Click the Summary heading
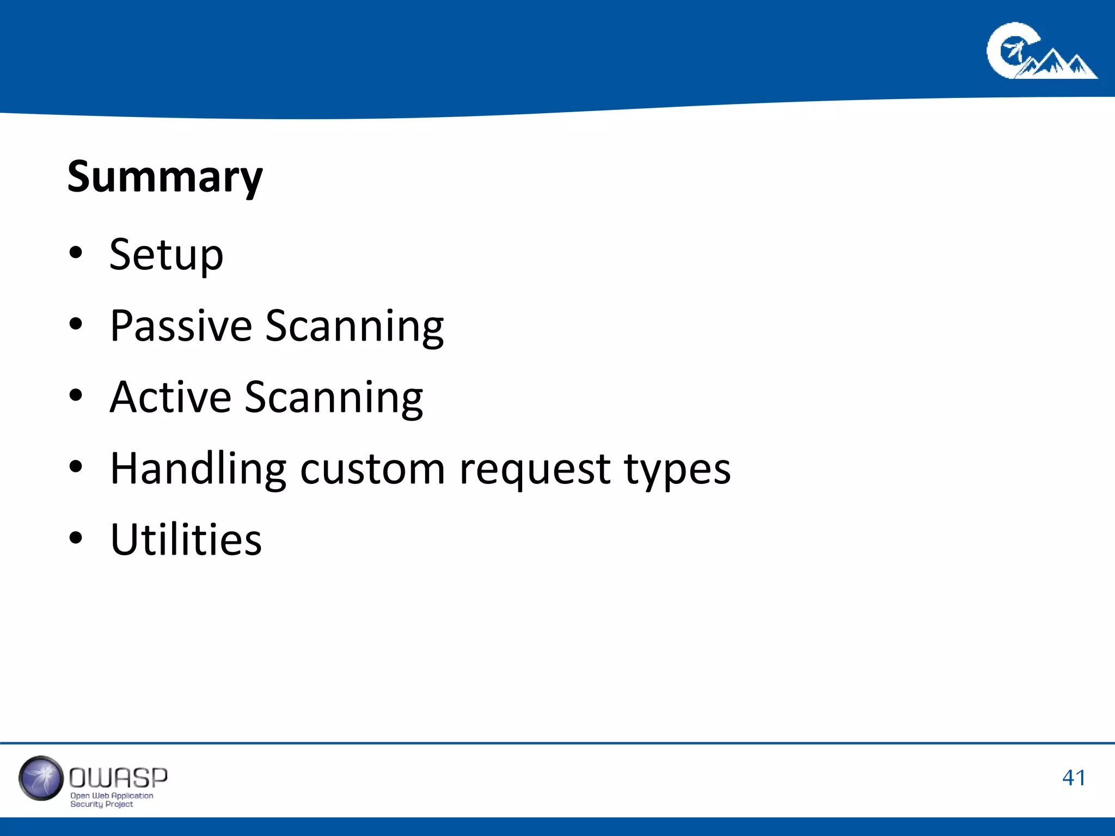click(165, 177)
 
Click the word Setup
click(166, 255)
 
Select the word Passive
click(181, 326)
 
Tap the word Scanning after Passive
click(354, 327)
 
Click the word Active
click(170, 397)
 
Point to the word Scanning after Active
click(334, 398)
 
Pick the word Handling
click(198, 469)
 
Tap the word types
click(677, 470)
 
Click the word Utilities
click(186, 540)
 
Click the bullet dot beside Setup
click(76, 253)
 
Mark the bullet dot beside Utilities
click(76, 538)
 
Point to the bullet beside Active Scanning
click(76, 396)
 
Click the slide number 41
click(1074, 778)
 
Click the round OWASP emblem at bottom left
click(41, 778)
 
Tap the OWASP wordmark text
click(118, 778)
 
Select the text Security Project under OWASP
click(101, 804)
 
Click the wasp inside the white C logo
click(1013, 52)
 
